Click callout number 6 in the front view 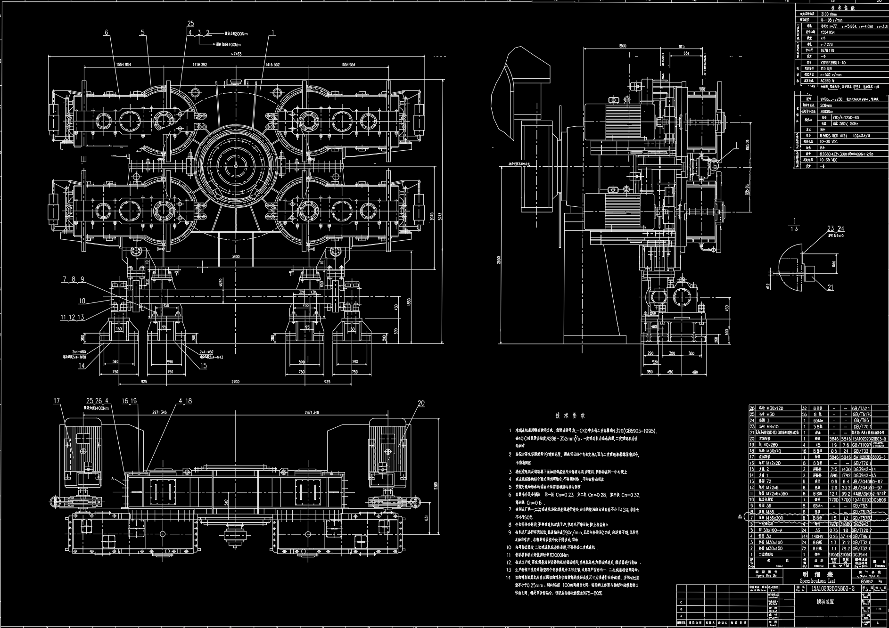pos(107,33)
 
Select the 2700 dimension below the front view pos(235,382)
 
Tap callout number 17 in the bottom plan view pos(57,401)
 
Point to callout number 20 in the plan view pos(421,403)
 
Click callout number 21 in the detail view pos(831,287)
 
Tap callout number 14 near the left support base pos(82,366)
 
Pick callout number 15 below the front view pos(204,366)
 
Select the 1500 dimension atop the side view pos(622,46)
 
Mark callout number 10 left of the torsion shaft pos(82,301)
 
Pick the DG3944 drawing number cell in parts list pos(862,555)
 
